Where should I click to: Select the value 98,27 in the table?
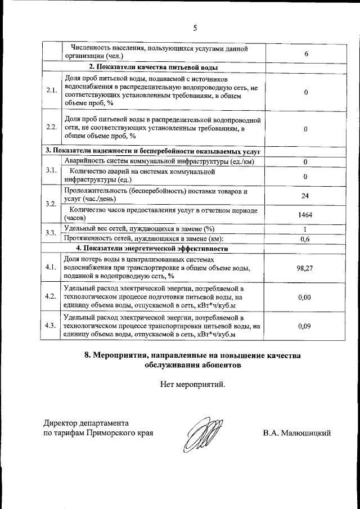304,268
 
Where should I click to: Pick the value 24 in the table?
305,195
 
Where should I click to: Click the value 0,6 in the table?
305,238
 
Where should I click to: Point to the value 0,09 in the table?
304,326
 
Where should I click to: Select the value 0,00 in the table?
304,297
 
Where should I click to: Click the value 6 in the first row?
305,53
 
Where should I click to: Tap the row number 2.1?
52,91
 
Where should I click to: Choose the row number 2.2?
52,127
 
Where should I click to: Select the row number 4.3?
52,326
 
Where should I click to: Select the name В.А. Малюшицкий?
296,433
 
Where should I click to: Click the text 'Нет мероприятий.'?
192,385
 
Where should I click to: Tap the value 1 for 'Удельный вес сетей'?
305,229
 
